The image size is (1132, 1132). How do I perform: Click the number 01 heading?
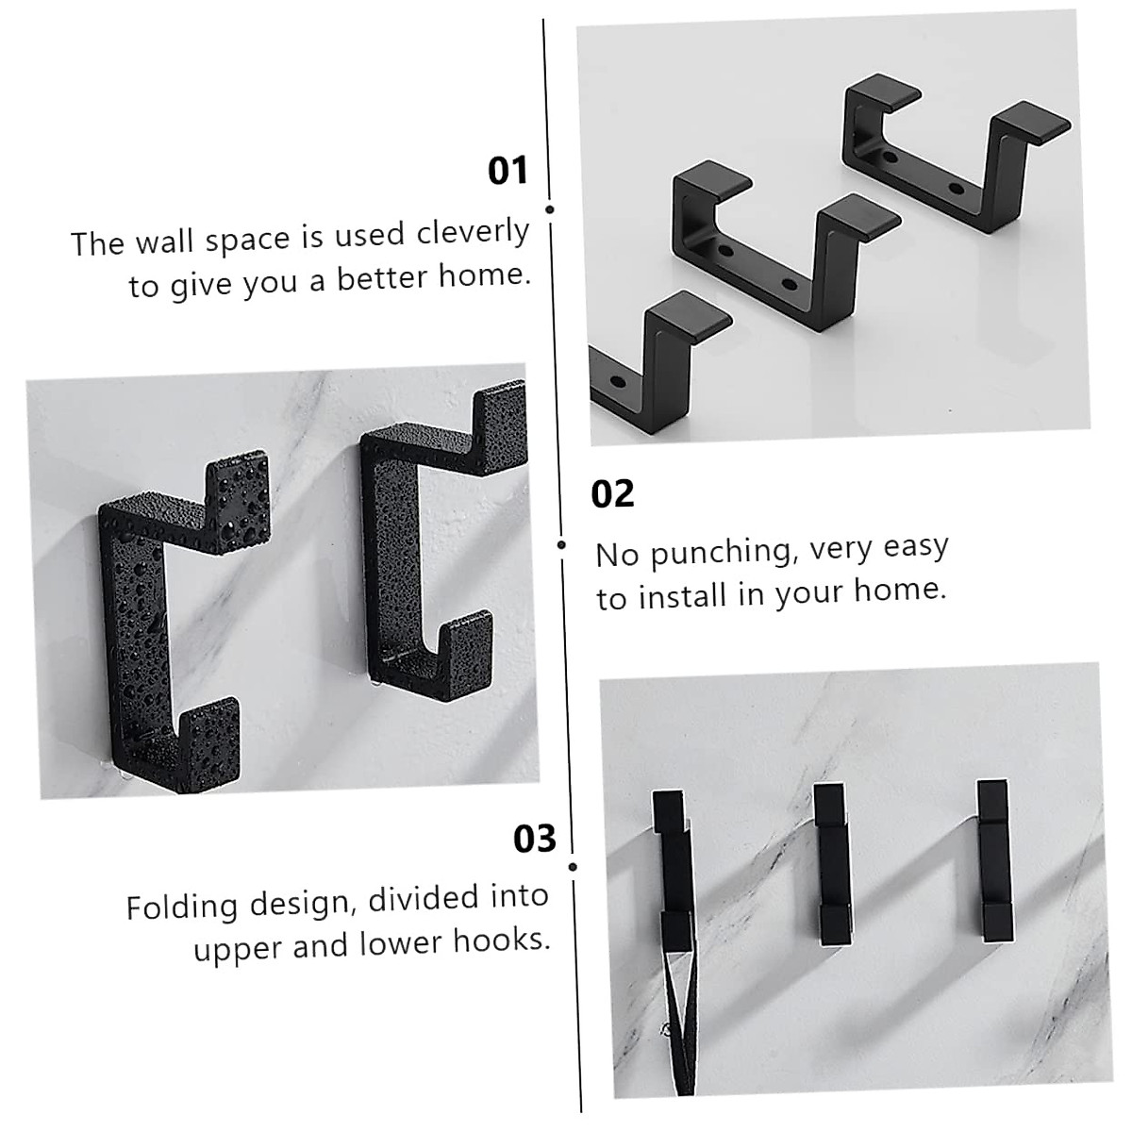(x=508, y=171)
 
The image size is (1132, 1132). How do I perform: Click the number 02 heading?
(x=612, y=493)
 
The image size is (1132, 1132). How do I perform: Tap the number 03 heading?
(x=534, y=838)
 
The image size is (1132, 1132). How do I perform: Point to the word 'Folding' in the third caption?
(x=182, y=907)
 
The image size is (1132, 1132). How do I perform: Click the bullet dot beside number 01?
(x=550, y=209)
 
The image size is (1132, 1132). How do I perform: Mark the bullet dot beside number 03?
(x=573, y=866)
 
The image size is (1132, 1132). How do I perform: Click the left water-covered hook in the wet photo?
(x=170, y=623)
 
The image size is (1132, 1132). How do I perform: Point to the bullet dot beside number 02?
(x=562, y=544)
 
